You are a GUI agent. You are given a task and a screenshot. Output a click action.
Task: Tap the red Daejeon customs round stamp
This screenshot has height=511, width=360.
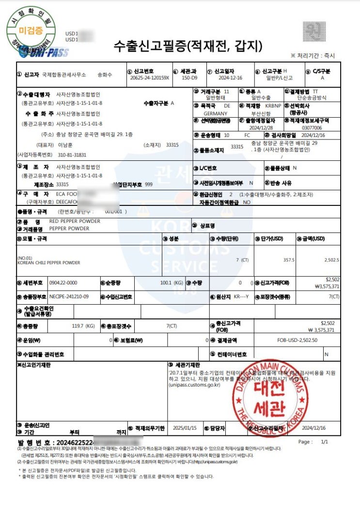[x=270, y=392]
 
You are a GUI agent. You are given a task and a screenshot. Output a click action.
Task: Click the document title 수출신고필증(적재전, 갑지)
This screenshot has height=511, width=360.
[x=188, y=46]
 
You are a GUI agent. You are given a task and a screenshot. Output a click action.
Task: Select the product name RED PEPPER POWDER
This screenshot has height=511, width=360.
[x=75, y=221]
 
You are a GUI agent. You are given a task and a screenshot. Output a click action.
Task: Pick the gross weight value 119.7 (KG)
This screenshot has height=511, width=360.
[x=83, y=326]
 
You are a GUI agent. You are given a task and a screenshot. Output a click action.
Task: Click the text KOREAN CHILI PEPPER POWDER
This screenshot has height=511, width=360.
[x=48, y=263]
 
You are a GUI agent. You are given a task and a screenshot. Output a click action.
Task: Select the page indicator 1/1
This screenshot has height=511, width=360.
[x=324, y=442]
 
